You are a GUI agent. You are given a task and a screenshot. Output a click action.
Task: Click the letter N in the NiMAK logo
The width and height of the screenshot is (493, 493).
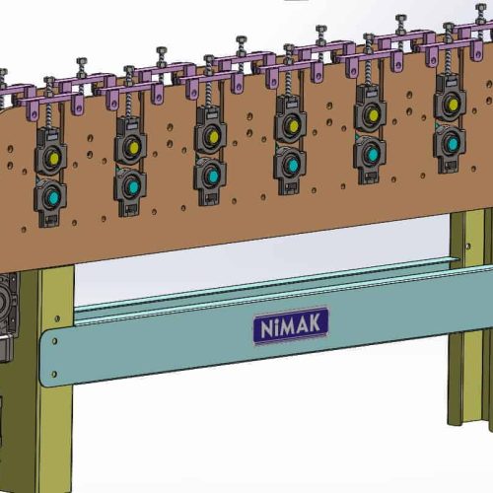[267, 329]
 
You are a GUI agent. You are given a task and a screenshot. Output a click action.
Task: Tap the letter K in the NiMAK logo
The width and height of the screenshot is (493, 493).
[315, 323]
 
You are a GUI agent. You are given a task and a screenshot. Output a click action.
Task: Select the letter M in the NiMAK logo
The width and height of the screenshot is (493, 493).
[288, 326]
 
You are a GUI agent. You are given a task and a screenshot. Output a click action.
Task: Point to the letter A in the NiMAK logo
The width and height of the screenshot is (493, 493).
[303, 325]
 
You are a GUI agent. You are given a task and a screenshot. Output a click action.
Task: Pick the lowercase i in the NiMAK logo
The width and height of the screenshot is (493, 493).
[276, 328]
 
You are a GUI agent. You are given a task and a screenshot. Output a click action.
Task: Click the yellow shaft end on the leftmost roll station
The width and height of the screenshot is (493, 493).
[54, 159]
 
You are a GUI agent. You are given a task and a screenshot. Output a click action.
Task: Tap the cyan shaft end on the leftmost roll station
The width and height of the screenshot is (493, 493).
[53, 197]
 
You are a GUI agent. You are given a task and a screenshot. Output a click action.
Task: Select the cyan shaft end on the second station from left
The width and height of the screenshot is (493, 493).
[133, 187]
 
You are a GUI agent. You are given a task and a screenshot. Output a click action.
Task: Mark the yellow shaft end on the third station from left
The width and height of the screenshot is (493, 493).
[214, 137]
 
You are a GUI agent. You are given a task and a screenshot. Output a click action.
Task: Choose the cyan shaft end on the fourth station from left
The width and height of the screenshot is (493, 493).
[293, 166]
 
